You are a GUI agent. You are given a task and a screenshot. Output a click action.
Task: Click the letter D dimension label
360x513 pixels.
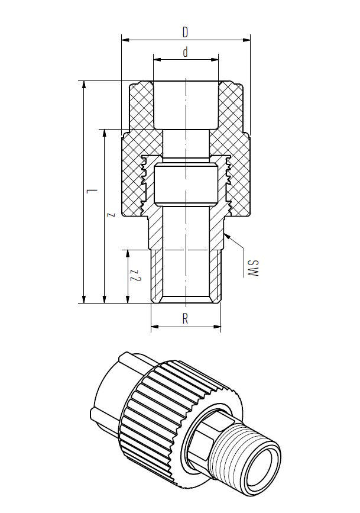[x=185, y=30]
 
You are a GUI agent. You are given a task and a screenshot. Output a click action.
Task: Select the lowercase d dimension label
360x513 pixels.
[x=185, y=52]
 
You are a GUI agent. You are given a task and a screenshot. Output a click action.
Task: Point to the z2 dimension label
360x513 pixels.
[x=136, y=276]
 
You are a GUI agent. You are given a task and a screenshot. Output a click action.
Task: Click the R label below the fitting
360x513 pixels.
[x=185, y=318]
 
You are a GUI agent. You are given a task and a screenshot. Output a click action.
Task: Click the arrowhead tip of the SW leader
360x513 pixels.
[x=226, y=235]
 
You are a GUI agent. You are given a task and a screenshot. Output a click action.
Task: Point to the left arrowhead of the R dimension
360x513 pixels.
[x=153, y=327]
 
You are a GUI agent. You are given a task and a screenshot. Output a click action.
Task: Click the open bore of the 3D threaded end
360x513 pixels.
[x=271, y=459]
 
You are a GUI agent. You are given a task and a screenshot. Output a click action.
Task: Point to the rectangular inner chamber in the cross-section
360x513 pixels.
[x=185, y=185]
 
